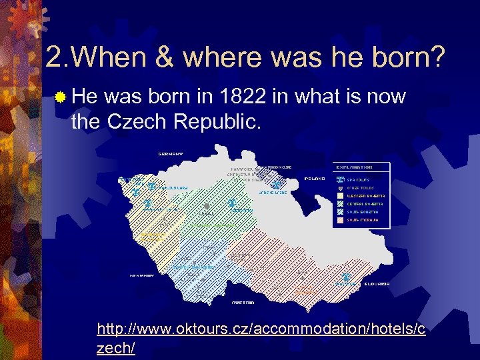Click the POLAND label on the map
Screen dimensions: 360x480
[315, 179]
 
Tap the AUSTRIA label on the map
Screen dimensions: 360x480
[242, 302]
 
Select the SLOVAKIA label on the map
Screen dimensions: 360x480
[377, 283]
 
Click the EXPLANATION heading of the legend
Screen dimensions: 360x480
[354, 167]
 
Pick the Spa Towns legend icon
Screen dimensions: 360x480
[341, 179]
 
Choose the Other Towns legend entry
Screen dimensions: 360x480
[353, 187]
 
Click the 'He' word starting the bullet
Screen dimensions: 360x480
[84, 97]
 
